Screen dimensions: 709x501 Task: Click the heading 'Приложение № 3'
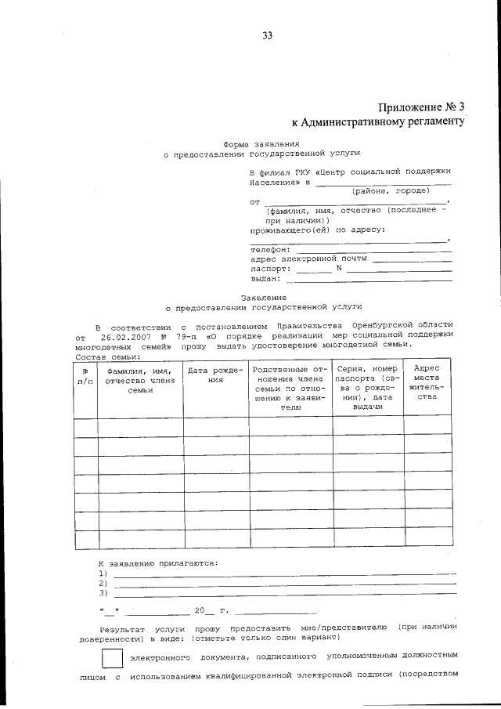pyautogui.click(x=420, y=107)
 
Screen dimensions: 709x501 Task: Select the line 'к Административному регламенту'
pyautogui.click(x=379, y=122)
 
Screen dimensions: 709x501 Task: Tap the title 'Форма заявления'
pyautogui.click(x=261, y=145)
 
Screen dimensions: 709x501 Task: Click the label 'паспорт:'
pyautogui.click(x=270, y=269)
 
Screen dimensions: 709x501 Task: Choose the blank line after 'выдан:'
pyautogui.click(x=369, y=279)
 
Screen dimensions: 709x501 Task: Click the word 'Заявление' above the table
pyautogui.click(x=263, y=298)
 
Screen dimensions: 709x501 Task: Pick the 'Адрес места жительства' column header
pyautogui.click(x=427, y=382)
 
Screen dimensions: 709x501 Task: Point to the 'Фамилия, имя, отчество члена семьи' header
pyautogui.click(x=140, y=380)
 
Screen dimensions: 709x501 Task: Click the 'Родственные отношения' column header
pyautogui.click(x=290, y=388)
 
